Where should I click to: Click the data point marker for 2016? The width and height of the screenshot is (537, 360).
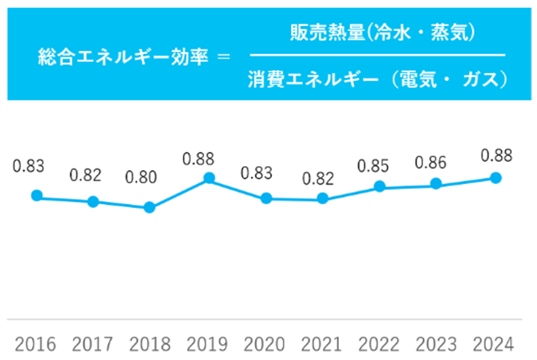coord(36,196)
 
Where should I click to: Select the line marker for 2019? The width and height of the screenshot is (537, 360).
coord(209,178)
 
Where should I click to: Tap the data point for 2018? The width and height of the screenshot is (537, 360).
coord(149,207)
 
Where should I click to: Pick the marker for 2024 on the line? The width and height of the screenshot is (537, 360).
coord(496,178)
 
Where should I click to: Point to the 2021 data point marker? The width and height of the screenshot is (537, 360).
coord(323,199)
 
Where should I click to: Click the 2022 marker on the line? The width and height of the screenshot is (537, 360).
coord(380,186)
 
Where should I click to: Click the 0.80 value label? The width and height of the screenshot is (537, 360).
coord(141,178)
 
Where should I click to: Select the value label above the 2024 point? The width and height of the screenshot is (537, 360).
coord(496,154)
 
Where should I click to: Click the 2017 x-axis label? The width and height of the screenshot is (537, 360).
coord(93,344)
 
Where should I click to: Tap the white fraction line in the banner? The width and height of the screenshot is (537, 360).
coord(378,56)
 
